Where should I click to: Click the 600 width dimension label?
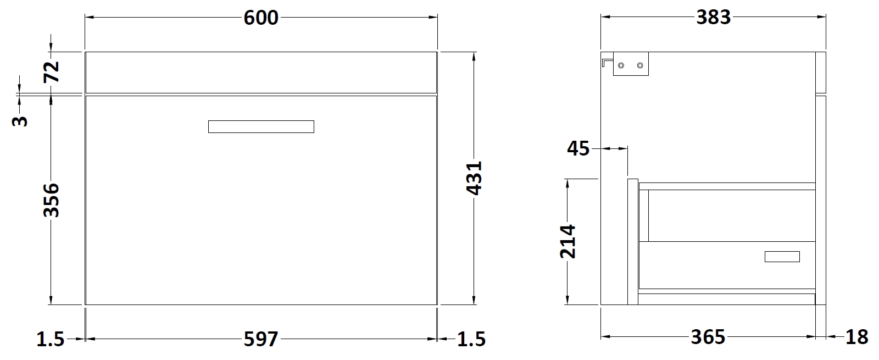tap(261, 18)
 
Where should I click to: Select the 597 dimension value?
tap(261, 339)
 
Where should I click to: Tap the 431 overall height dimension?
tap(474, 178)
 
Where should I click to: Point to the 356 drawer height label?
tap(51, 200)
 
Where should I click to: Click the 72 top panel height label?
tap(51, 72)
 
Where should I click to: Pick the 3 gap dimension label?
tap(20, 121)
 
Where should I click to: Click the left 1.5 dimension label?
tap(50, 339)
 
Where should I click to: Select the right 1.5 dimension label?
tap(471, 339)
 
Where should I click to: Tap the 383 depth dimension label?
tap(714, 18)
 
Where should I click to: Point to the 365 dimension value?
tap(708, 337)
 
